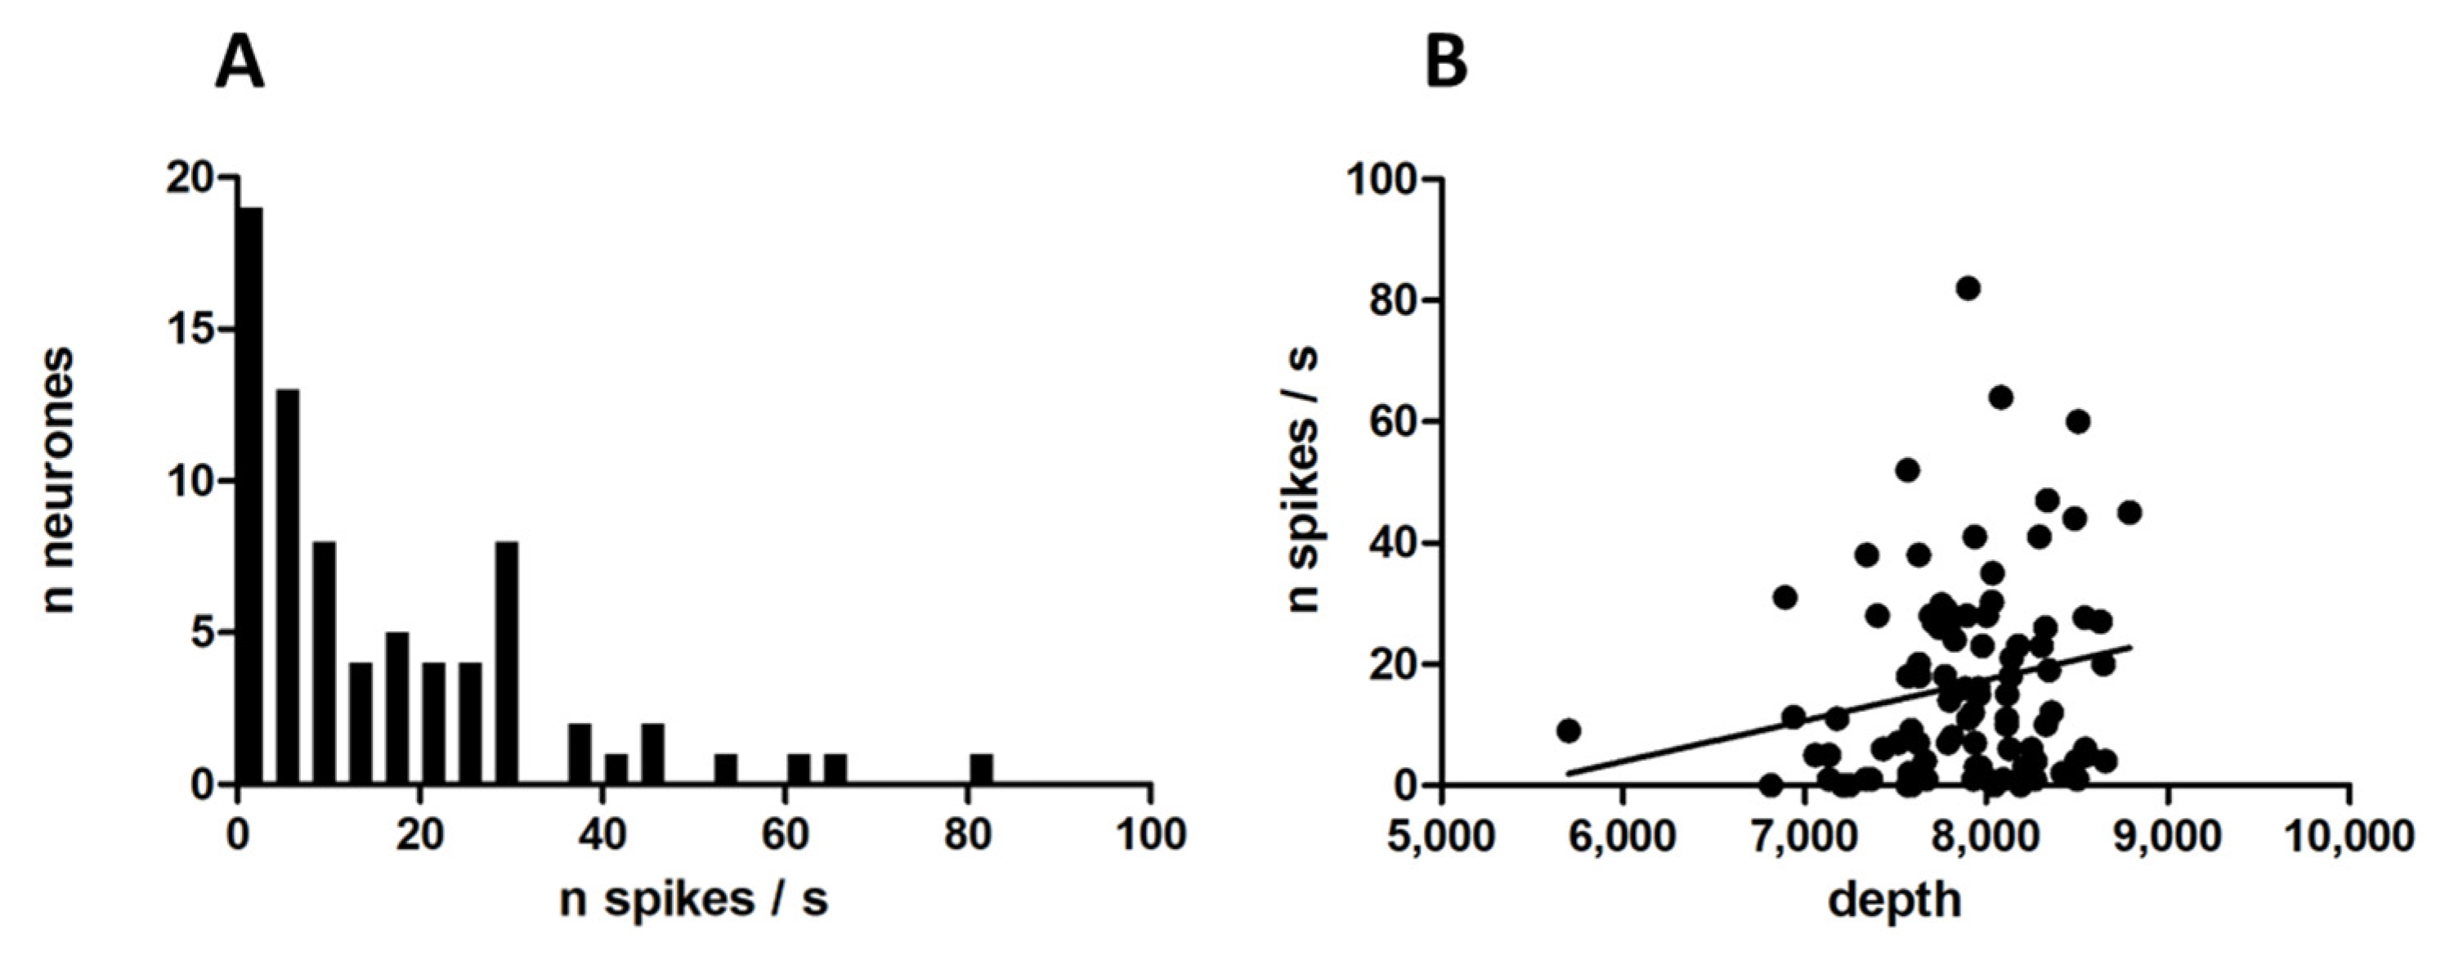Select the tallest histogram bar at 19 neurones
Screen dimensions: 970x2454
pyautogui.click(x=250, y=496)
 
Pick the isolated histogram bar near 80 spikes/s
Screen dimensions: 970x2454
pyautogui.click(x=981, y=769)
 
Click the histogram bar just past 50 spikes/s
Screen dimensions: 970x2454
pyautogui.click(x=726, y=769)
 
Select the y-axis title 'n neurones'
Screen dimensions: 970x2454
pyautogui.click(x=59, y=480)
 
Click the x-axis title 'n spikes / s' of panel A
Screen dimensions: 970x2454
pyautogui.click(x=693, y=900)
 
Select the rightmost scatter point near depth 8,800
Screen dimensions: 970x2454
pyautogui.click(x=2130, y=513)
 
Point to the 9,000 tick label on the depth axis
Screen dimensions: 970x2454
pyautogui.click(x=2168, y=836)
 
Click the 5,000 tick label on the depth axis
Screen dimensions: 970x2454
pyautogui.click(x=1440, y=836)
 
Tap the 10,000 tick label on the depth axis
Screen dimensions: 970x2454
pyautogui.click(x=2349, y=836)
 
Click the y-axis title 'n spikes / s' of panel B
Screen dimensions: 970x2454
pyautogui.click(x=1305, y=480)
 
